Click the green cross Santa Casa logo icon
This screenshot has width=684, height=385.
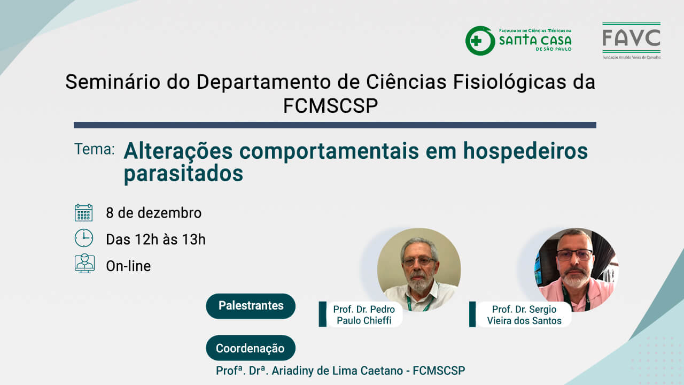tap(480, 41)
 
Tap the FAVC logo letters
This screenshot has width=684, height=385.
tap(631, 38)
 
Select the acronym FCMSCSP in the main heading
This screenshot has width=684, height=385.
tap(330, 106)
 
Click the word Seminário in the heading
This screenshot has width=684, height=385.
tap(112, 82)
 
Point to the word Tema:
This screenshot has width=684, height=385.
tap(95, 149)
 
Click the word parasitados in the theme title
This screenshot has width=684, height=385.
tap(183, 174)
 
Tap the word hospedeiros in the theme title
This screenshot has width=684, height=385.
tap(525, 151)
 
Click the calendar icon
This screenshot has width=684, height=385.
tap(84, 213)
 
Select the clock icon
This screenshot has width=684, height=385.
tap(84, 238)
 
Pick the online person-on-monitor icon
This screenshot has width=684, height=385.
tap(84, 264)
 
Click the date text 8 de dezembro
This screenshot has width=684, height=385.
tap(153, 213)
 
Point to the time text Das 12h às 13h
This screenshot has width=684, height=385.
tap(156, 240)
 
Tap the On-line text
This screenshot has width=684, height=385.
tap(128, 266)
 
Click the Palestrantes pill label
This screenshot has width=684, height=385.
tap(251, 306)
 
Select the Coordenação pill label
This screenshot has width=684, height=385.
tap(251, 348)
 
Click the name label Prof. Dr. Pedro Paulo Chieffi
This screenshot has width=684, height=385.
tap(364, 315)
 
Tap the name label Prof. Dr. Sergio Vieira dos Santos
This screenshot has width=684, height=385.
tap(524, 315)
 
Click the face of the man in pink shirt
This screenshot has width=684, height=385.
tap(574, 262)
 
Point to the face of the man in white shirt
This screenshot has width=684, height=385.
tap(419, 265)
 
